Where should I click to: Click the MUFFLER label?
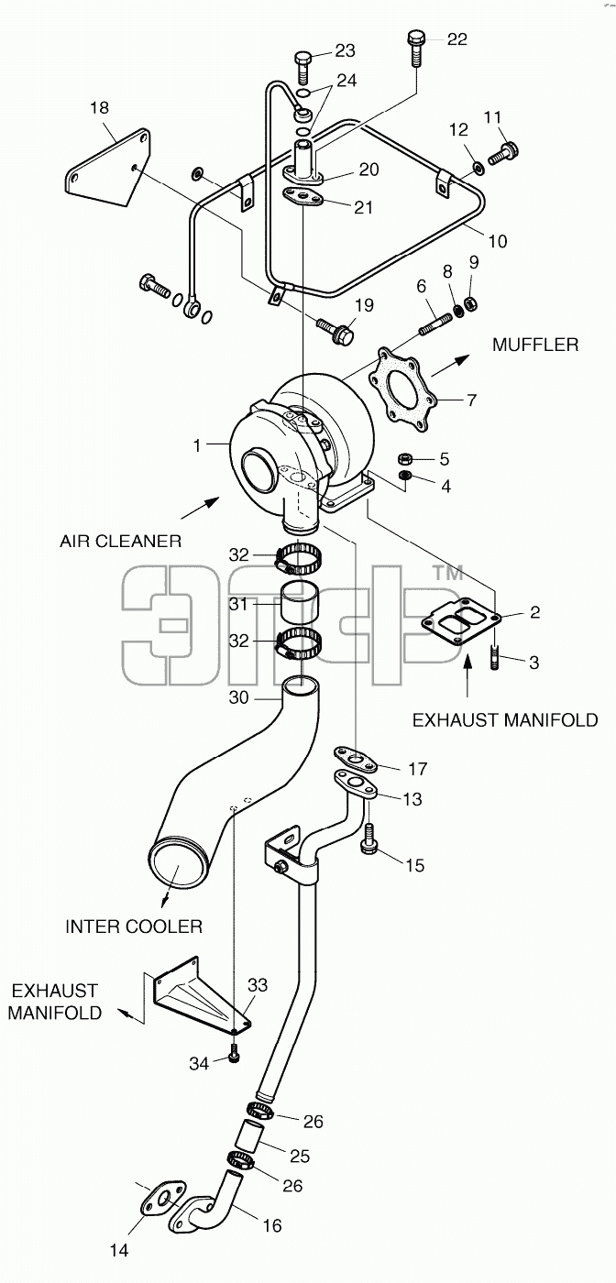(535, 345)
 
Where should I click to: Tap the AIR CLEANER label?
(120, 541)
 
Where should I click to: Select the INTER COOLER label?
(134, 927)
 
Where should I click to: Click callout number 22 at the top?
(456, 38)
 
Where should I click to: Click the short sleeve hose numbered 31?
(297, 603)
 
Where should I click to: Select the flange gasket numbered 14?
(163, 1198)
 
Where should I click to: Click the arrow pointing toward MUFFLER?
(450, 366)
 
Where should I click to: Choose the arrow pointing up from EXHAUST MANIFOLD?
(468, 676)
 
